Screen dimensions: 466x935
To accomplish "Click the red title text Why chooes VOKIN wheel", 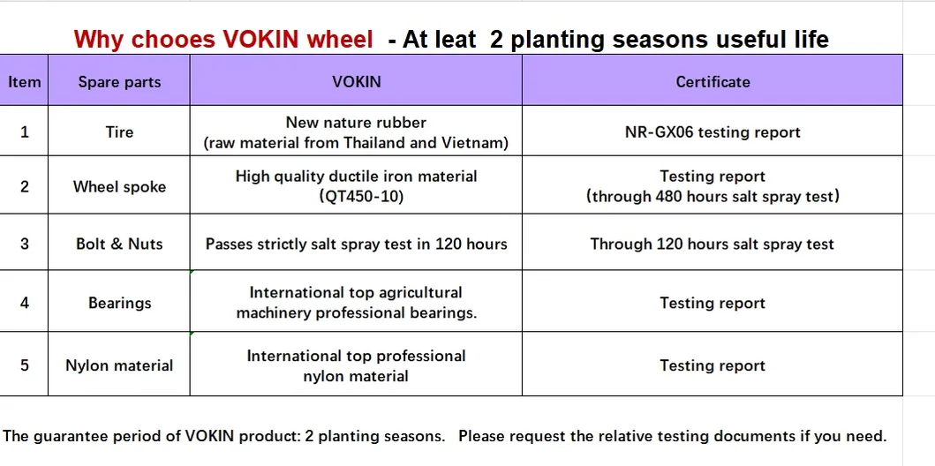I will [225, 40].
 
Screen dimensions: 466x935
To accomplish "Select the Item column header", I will [25, 82].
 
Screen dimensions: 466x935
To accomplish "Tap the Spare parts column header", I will [119, 82].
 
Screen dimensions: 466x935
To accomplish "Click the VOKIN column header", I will [356, 82].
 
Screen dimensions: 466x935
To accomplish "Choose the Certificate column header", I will [713, 82].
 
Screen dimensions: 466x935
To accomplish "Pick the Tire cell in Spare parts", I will [119, 132].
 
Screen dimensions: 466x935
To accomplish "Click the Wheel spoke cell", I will [119, 186].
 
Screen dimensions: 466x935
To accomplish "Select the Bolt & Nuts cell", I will [119, 244].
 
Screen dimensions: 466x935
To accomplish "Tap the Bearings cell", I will [119, 303].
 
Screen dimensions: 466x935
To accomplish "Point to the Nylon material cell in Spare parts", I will [119, 365].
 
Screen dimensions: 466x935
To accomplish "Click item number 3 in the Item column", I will [25, 244].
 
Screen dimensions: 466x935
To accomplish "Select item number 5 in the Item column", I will [25, 365].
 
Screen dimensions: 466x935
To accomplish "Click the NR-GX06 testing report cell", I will [713, 132].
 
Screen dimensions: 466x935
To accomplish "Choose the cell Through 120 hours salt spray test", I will [713, 244].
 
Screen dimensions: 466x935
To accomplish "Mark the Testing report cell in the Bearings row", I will [713, 303].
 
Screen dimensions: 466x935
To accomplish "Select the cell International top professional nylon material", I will [356, 365].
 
